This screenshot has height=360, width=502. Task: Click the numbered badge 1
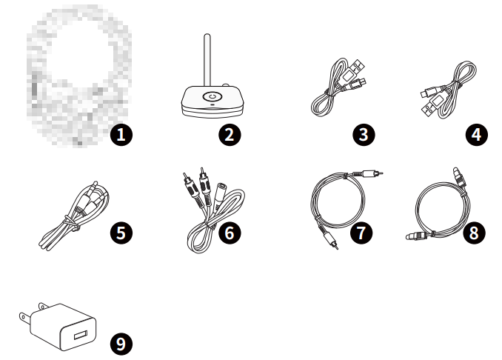(x=120, y=135)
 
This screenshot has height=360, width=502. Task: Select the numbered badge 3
(x=364, y=135)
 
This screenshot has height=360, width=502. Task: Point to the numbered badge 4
(x=476, y=135)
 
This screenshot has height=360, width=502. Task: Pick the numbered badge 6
(x=230, y=232)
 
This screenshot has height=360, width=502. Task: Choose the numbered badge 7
(x=362, y=232)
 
